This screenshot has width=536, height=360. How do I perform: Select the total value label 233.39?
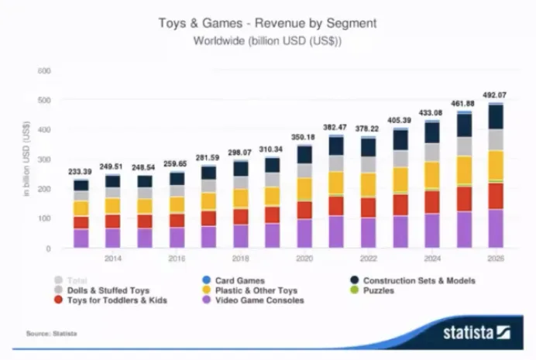click(81, 172)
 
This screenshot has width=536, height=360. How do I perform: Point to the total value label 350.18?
click(304, 137)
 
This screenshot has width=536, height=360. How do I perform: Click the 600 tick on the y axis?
click(44, 71)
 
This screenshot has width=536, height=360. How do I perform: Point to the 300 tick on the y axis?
click(44, 159)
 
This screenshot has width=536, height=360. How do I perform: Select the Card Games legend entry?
click(235, 280)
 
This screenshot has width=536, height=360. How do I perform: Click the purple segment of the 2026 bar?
click(495, 228)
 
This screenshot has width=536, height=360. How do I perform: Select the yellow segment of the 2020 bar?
click(304, 189)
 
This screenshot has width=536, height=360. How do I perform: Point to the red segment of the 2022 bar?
click(368, 207)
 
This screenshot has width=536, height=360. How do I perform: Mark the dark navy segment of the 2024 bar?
click(431, 132)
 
